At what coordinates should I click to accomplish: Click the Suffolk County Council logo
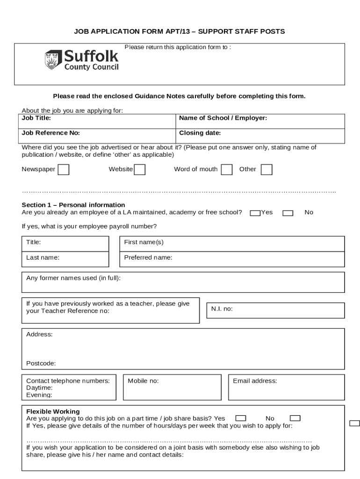coord(81,60)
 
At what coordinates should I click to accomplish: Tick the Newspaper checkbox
coord(63,169)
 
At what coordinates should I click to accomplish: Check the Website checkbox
coord(139,169)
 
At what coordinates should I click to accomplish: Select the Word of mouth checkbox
coord(226,169)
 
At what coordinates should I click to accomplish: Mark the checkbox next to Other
coord(266,169)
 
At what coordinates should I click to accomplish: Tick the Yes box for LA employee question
coord(255,213)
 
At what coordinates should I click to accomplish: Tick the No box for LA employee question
coord(288,213)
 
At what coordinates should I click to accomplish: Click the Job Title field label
coord(36,118)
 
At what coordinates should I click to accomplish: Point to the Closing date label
coord(200,133)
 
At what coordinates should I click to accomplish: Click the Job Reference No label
coord(50,133)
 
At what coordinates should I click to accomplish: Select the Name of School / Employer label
coord(223,118)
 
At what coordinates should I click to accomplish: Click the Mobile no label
coord(143,381)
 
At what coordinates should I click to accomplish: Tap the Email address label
coord(255,381)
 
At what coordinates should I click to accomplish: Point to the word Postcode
coord(41,363)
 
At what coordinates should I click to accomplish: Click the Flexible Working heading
coord(53,412)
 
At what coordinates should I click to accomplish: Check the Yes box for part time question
coord(241,418)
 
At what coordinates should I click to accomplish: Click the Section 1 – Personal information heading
coord(73,205)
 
